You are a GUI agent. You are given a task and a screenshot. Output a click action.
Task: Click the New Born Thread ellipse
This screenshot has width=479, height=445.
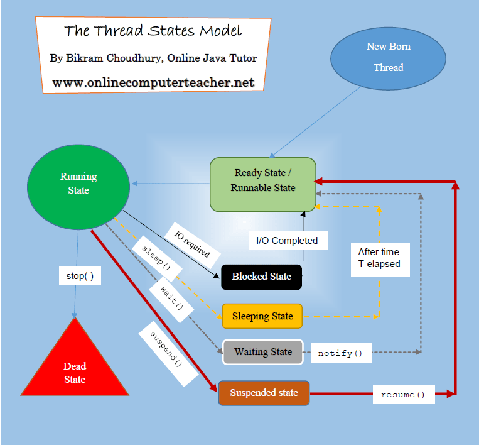click(388, 57)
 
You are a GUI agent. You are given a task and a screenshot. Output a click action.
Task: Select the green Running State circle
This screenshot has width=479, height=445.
click(78, 183)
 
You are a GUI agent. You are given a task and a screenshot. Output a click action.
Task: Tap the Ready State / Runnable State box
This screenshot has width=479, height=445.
click(262, 180)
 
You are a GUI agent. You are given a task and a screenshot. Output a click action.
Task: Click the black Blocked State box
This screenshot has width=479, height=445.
click(261, 277)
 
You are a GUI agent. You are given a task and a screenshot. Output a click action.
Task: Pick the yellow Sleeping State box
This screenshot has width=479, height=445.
click(262, 316)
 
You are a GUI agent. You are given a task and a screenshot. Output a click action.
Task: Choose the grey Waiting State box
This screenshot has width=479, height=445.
click(263, 352)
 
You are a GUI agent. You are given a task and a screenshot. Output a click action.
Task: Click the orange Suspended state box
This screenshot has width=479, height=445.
click(264, 393)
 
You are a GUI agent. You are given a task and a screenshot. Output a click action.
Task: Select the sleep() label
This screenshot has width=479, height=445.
click(156, 258)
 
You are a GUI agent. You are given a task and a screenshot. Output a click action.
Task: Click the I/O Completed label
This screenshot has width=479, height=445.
click(287, 240)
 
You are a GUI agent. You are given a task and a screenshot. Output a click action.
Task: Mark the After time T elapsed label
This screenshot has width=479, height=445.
click(379, 258)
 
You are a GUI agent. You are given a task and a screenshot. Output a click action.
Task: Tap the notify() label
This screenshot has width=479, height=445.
click(340, 353)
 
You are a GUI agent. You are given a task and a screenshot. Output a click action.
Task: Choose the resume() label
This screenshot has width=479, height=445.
click(403, 395)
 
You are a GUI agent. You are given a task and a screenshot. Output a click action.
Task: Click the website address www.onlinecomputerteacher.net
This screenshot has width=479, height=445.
click(153, 82)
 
